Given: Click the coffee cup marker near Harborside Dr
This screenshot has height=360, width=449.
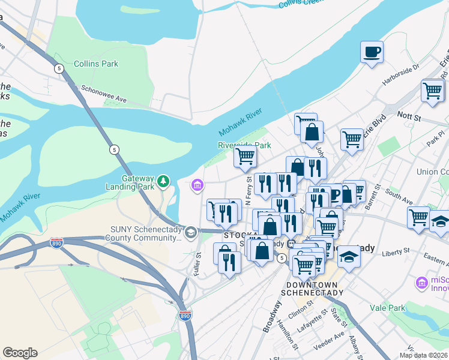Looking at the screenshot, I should pos(372,51).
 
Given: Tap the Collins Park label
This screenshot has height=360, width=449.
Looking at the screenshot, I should pos(96,64).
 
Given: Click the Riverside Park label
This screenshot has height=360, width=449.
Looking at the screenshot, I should pos(244,145).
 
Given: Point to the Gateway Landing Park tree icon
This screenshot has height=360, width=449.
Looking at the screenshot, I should pos(163,181).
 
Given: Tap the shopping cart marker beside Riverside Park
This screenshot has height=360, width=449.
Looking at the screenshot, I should pos(245,157).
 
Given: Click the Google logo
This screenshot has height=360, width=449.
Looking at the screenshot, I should pos(20,353).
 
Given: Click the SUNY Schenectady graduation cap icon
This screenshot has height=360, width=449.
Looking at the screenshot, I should pos(190,232).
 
